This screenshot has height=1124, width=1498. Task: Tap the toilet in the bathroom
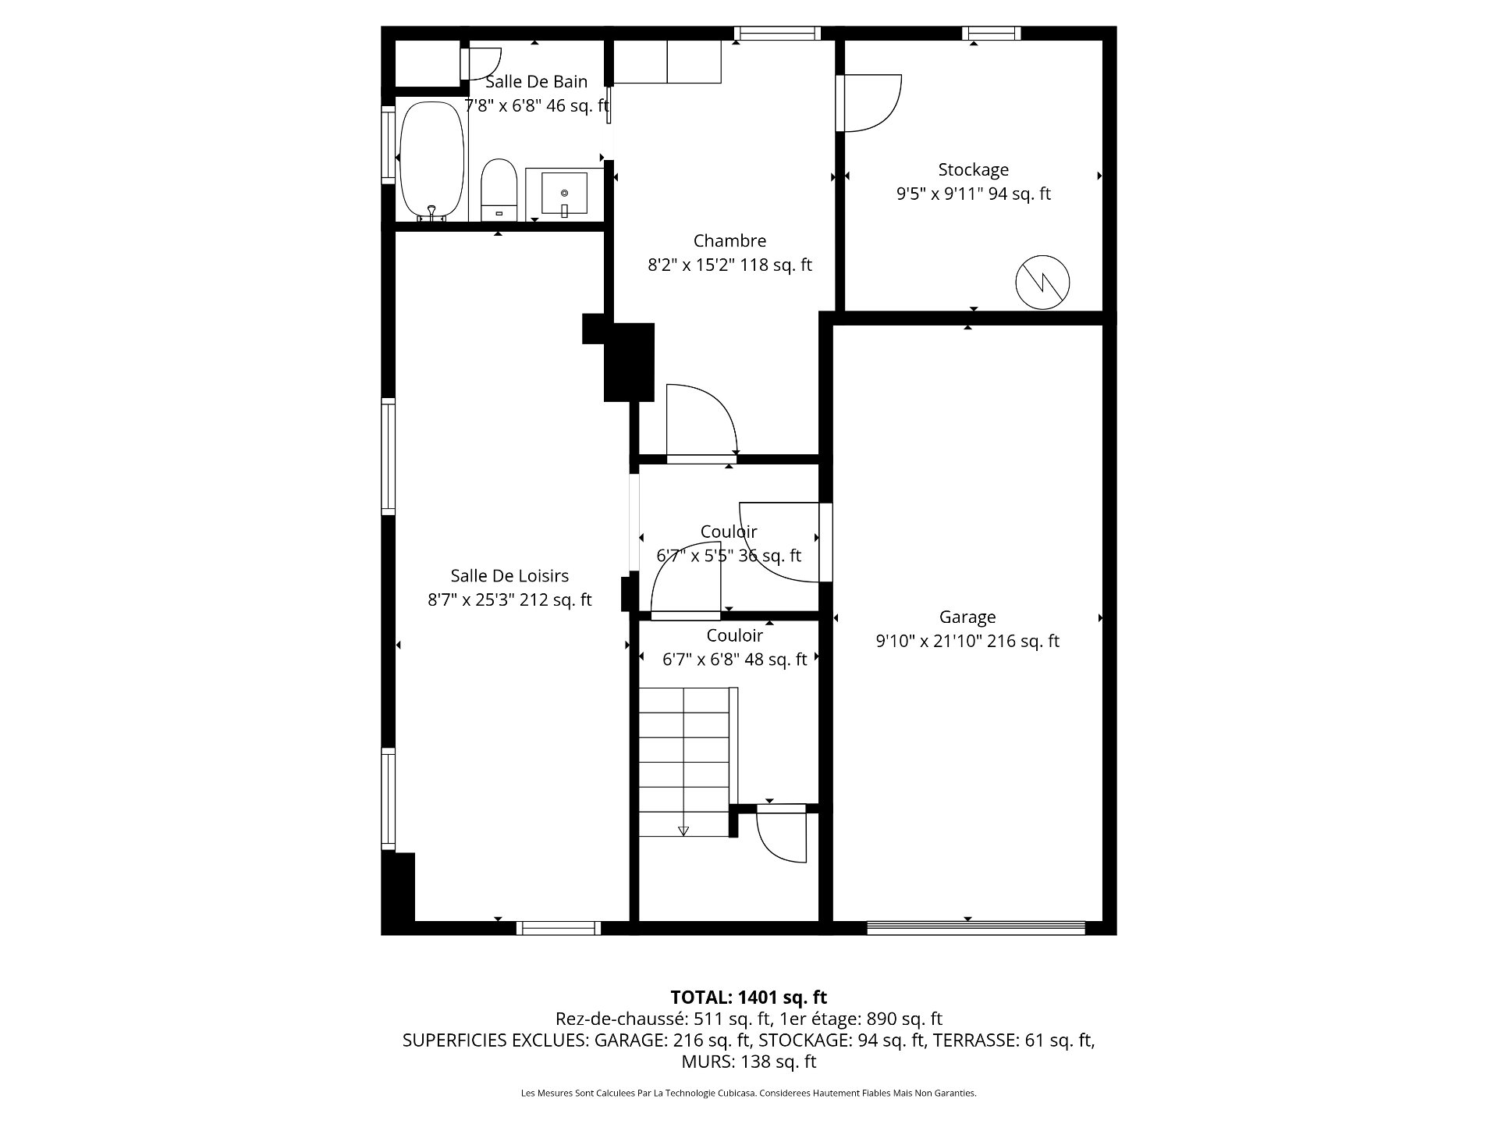(x=499, y=190)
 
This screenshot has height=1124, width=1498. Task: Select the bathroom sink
(x=564, y=194)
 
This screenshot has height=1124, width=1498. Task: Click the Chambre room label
(x=729, y=241)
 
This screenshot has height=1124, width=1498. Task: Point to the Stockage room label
(x=973, y=169)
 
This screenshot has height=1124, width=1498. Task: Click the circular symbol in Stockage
(x=1042, y=282)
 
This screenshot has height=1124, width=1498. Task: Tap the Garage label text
(x=967, y=617)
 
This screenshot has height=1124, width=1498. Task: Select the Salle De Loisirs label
(x=509, y=576)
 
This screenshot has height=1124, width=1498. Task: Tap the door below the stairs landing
(x=782, y=834)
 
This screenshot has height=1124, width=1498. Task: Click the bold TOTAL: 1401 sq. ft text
(x=748, y=997)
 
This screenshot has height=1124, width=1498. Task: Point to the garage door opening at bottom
(x=976, y=927)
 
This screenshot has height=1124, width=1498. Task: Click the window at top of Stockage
(x=992, y=33)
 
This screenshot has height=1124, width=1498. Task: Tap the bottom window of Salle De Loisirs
(x=559, y=927)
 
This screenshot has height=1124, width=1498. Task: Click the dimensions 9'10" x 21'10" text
(x=967, y=641)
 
